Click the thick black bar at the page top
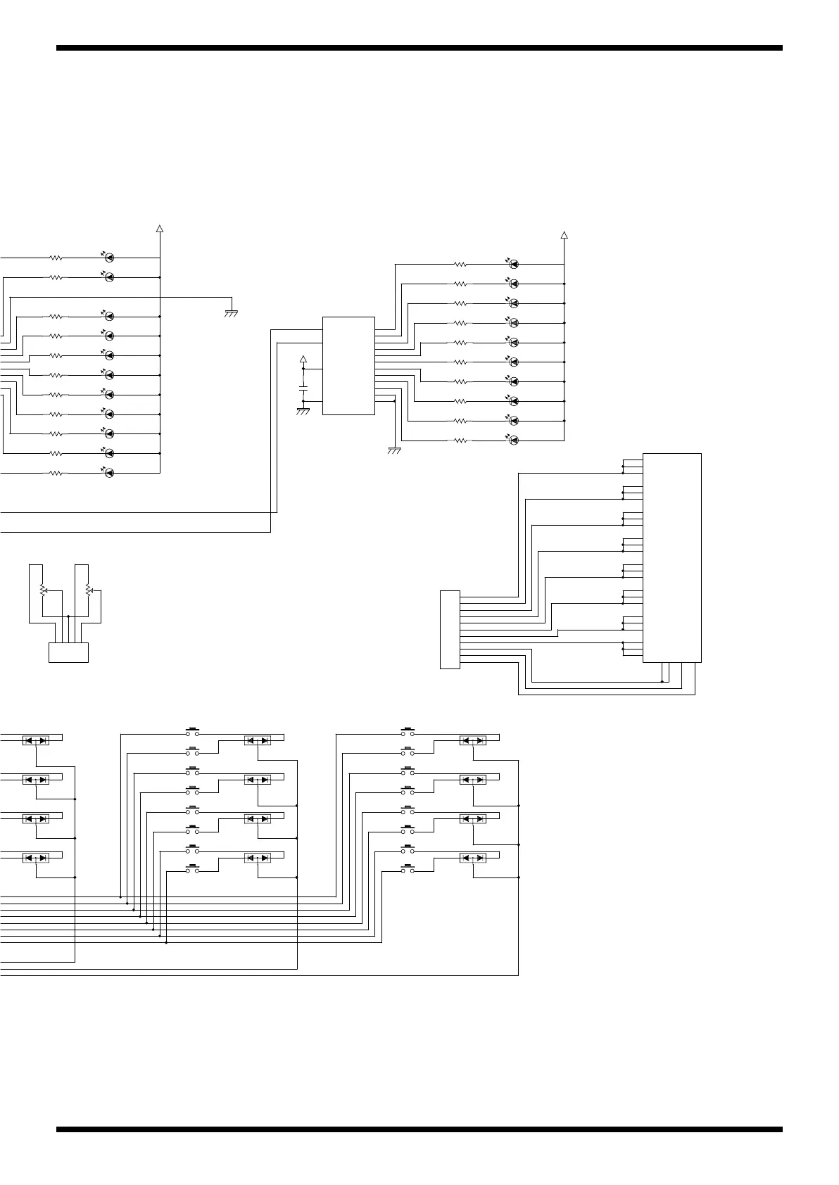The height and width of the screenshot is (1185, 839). (x=419, y=48)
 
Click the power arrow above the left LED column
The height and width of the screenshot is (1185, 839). (x=160, y=228)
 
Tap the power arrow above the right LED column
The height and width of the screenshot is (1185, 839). (x=564, y=235)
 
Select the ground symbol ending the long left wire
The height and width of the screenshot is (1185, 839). (x=230, y=312)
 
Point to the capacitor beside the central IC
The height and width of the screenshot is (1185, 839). (x=303, y=388)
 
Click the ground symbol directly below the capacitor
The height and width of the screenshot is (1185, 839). (x=303, y=410)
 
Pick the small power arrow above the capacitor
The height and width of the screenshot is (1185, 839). (x=303, y=360)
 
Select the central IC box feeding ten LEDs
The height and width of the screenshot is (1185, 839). (x=348, y=365)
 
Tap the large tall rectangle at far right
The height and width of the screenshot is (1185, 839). (x=672, y=557)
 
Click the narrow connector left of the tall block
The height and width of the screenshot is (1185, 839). (x=450, y=630)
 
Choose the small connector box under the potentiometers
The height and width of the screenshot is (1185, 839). (x=68, y=652)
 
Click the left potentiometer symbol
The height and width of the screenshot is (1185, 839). (x=42, y=589)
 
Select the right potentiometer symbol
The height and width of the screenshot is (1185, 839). (x=88, y=589)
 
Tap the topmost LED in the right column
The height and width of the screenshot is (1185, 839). (x=514, y=264)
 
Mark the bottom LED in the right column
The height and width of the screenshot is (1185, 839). (x=514, y=441)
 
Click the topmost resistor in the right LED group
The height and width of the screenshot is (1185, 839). (x=460, y=265)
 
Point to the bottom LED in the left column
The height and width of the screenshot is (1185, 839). (x=109, y=473)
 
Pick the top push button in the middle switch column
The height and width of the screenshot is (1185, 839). (x=193, y=731)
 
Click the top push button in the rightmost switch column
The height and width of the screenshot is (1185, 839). (x=408, y=731)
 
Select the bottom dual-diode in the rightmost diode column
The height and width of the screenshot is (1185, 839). (x=472, y=858)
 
